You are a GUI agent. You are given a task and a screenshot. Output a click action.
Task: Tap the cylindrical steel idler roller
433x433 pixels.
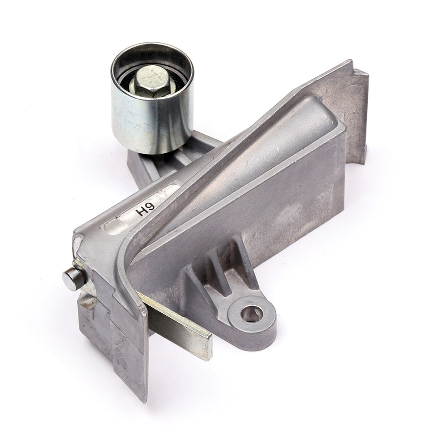[x=152, y=98]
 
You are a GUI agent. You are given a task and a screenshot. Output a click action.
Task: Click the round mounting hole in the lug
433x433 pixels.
[x=252, y=314]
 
